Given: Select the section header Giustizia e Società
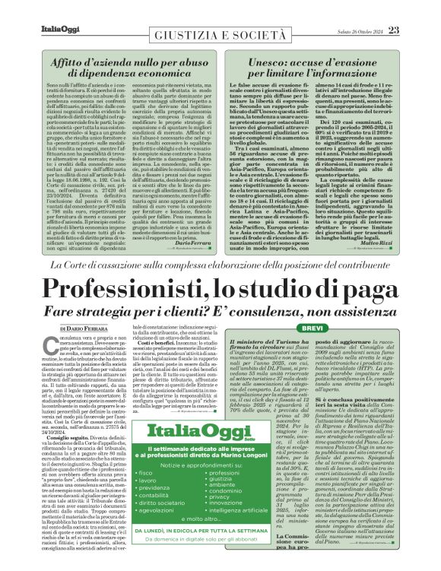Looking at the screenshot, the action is (221, 36).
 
